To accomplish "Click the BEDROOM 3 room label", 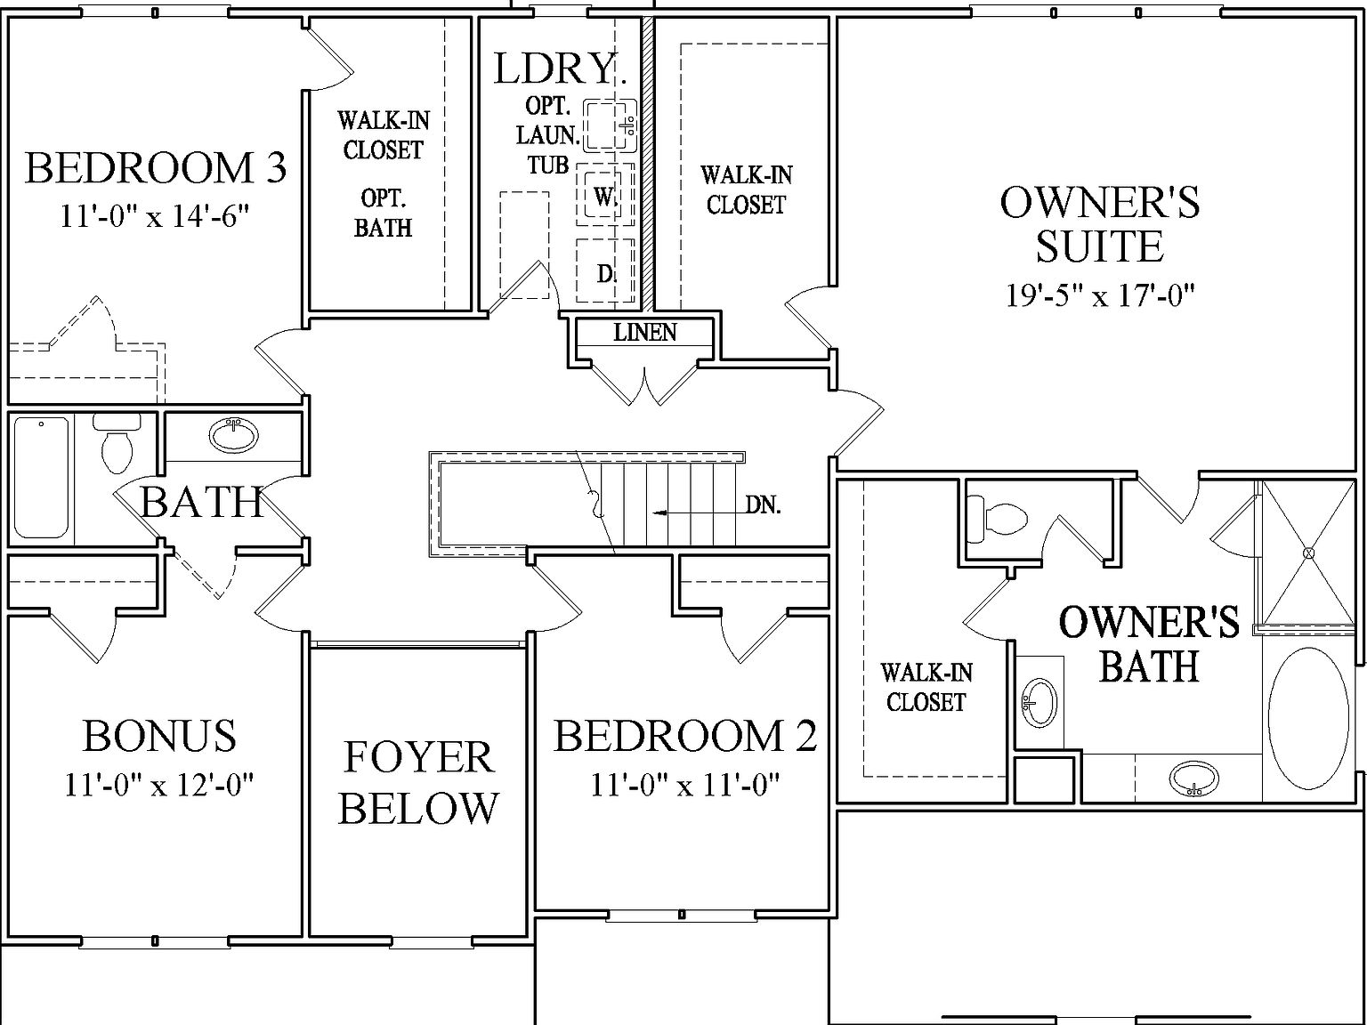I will pyautogui.click(x=156, y=168).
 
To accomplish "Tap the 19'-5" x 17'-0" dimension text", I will pyautogui.click(x=1100, y=295).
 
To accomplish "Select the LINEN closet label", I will pyautogui.click(x=645, y=333).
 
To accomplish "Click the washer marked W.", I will pyautogui.click(x=605, y=196).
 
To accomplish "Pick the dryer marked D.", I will pyautogui.click(x=605, y=273).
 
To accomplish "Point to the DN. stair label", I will pyautogui.click(x=763, y=505).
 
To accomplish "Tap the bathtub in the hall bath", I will pyautogui.click(x=41, y=478).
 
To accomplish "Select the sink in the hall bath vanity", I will pyautogui.click(x=234, y=435).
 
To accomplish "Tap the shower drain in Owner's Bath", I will pyautogui.click(x=1308, y=553).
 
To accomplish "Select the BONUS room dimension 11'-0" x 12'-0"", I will pyautogui.click(x=159, y=785).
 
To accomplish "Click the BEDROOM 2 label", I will pyautogui.click(x=684, y=737).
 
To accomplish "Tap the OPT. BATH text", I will pyautogui.click(x=384, y=212).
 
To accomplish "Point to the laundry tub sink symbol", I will pyautogui.click(x=610, y=123).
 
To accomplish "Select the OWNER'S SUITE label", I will pyautogui.click(x=1100, y=223).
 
